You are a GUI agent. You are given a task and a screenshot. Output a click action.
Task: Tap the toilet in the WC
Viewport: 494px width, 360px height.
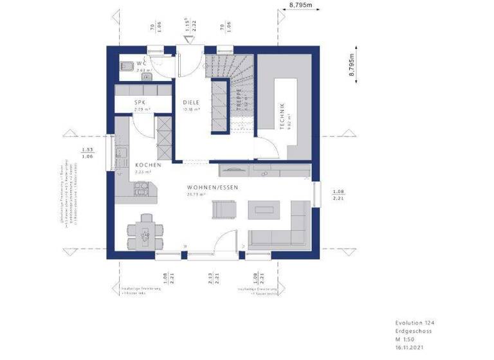pos(127,64)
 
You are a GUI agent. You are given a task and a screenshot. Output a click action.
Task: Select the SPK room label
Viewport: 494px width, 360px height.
pos(140,102)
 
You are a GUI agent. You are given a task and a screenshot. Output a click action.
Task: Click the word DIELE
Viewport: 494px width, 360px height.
pos(190,102)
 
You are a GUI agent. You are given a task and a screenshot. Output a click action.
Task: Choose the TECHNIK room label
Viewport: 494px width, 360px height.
pos(282,116)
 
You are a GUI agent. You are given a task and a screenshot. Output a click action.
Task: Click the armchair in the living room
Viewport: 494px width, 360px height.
pos(223,210)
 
